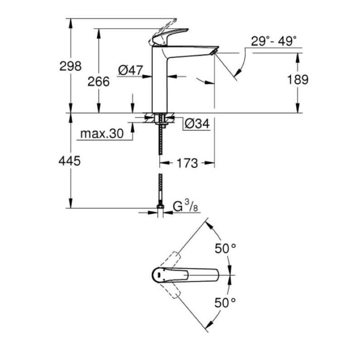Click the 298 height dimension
(71, 66)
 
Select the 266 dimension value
(98, 82)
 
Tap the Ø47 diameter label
(130, 70)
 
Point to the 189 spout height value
(298, 80)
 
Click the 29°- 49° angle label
(274, 41)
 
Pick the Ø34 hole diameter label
(197, 124)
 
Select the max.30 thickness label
(102, 133)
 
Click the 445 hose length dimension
(70, 161)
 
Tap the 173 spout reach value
(187, 163)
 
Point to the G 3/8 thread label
(185, 206)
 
